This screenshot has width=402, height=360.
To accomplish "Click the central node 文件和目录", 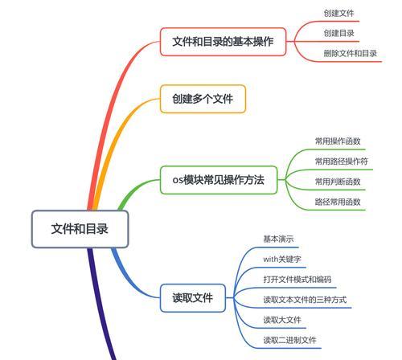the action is [x=80, y=229].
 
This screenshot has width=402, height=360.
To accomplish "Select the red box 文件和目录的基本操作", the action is [x=223, y=42].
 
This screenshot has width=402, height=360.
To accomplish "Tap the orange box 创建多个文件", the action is [x=203, y=99].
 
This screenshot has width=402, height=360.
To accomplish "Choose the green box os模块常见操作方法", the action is [x=219, y=180].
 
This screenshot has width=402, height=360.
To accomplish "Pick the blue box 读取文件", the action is [x=193, y=298].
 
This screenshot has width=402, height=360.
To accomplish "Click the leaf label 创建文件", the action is [x=338, y=13].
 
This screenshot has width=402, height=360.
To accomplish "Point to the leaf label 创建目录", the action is [x=338, y=33].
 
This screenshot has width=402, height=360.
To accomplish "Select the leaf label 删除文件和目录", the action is [x=351, y=53].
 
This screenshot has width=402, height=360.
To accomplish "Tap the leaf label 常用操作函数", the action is [x=338, y=141].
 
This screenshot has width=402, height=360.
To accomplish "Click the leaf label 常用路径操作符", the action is [x=342, y=162].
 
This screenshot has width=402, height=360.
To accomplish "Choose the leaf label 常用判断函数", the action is [x=338, y=182].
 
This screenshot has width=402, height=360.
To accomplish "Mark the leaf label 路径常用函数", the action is [x=338, y=202].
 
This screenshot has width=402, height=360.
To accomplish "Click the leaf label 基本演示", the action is [x=278, y=239].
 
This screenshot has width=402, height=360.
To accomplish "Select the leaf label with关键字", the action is [x=282, y=259].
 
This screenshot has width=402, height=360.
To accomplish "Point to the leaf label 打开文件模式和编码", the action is [x=297, y=280].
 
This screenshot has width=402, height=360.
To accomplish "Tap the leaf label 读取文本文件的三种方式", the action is [x=305, y=300].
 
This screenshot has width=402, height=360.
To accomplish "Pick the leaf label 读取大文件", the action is [x=282, y=320].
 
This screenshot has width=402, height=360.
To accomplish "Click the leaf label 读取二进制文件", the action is [x=289, y=340].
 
